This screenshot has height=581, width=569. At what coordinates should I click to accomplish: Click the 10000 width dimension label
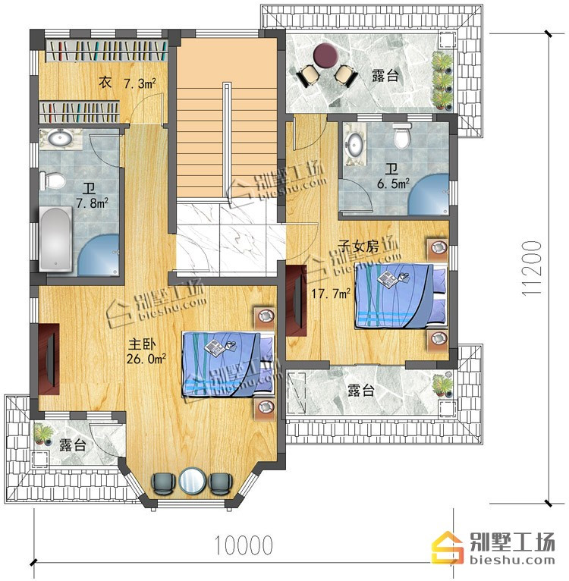244,545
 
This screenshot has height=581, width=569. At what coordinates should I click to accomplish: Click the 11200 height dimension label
532,269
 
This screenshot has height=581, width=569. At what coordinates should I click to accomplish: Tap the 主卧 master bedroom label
142,344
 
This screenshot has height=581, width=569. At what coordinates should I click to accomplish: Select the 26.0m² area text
146,359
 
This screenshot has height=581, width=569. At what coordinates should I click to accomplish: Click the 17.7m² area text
331,294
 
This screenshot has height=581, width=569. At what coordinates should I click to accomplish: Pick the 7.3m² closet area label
140,83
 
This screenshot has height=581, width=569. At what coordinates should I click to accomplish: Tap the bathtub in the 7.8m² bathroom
55,239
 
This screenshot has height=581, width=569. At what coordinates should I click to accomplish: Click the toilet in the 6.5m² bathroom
402,136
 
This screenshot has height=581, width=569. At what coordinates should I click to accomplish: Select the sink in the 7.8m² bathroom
61,138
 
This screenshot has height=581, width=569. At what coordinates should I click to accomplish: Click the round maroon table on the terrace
325,55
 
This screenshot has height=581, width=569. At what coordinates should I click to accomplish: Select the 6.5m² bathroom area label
393,184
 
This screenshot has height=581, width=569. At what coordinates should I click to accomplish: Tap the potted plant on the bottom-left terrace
43,434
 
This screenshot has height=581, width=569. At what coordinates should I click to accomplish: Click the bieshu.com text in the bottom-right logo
512,561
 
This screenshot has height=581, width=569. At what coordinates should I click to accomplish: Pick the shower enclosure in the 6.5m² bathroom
429,194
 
